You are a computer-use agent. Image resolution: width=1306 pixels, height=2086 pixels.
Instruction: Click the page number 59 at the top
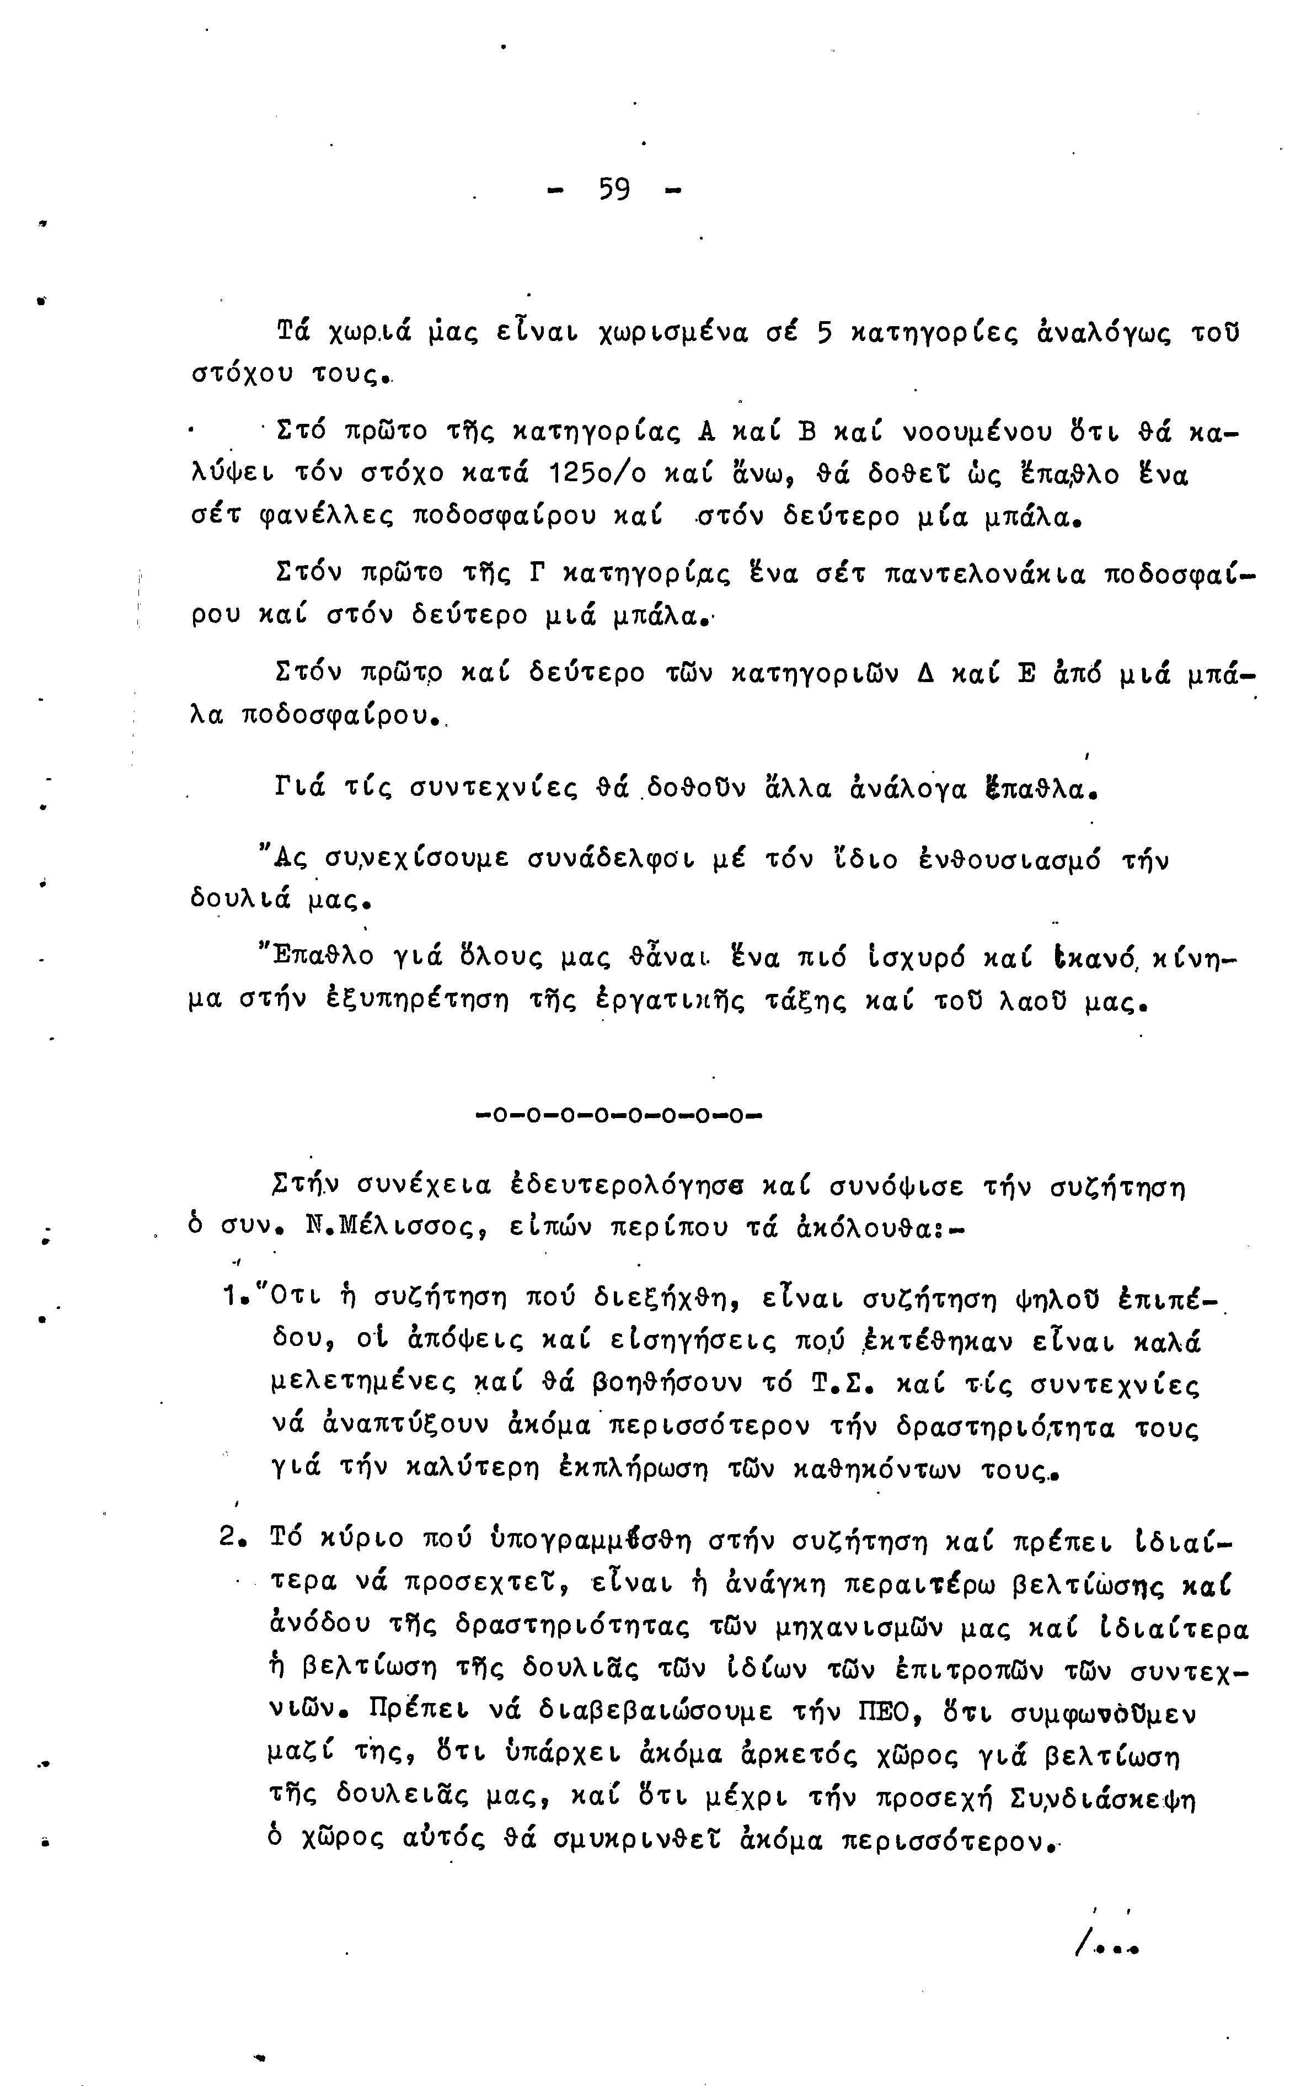pos(614,189)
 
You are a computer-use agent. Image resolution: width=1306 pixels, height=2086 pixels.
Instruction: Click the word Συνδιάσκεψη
pos(1101,1799)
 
